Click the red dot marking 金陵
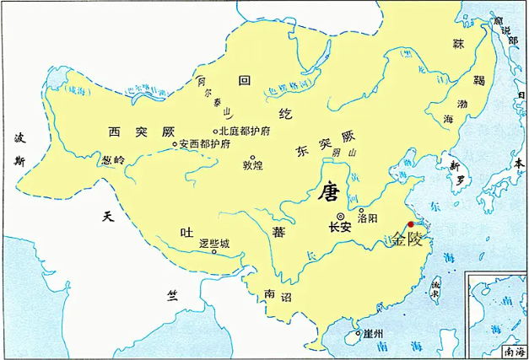pos(411,224)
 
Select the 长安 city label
pos(339,228)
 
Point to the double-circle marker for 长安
pos(340,216)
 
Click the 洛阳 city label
pos(369,218)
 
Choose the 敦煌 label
pos(253,164)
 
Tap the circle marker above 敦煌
pos(251,155)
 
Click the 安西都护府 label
pos(207,144)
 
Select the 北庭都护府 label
pos(246,132)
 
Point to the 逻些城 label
pos(214,241)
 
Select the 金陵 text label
pos(408,239)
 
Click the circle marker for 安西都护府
pos(175,144)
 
